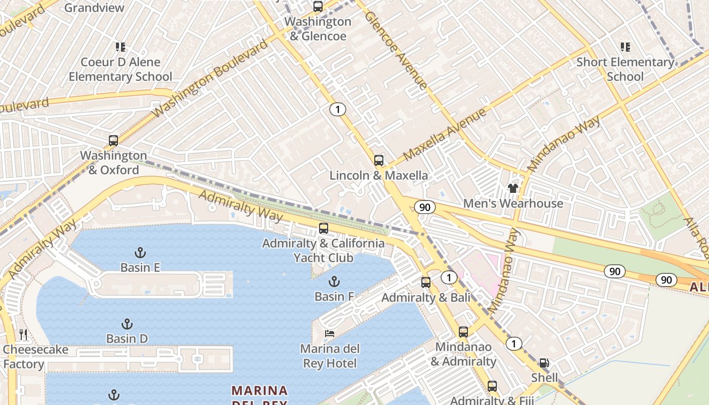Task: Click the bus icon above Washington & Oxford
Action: tap(113, 141)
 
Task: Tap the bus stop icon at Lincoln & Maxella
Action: tap(378, 160)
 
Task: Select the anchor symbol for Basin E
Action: tap(140, 253)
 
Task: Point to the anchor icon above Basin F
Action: tap(334, 281)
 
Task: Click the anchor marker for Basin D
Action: tap(127, 324)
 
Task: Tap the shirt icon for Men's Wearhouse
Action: tap(513, 188)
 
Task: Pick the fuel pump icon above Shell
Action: tap(544, 362)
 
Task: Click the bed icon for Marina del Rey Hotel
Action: tap(330, 334)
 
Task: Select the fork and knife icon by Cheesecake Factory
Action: tap(23, 334)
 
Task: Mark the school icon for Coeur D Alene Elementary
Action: tap(120, 47)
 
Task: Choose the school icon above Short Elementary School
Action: tap(625, 47)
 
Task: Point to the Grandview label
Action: tap(94, 8)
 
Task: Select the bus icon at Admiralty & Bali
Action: tap(426, 282)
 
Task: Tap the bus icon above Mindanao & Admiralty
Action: tap(463, 332)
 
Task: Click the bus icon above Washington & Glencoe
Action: tap(318, 7)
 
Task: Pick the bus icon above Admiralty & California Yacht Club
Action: tap(324, 228)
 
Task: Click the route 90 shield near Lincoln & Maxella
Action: tap(424, 207)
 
